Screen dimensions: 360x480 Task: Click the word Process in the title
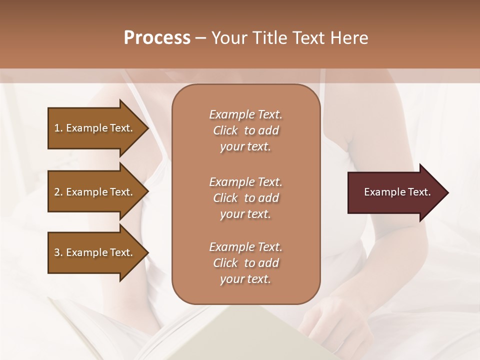pos(157,38)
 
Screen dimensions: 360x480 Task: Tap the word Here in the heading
pos(349,38)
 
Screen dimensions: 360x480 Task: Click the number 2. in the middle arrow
pos(58,192)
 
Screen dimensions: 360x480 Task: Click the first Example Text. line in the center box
pos(245,114)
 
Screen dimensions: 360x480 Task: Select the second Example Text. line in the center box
pos(245,182)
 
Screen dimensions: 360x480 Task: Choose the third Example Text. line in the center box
pos(245,247)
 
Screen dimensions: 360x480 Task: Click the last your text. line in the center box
pos(245,279)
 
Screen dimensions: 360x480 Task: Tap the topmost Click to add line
pos(245,130)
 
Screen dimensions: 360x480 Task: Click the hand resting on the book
pos(325,320)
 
